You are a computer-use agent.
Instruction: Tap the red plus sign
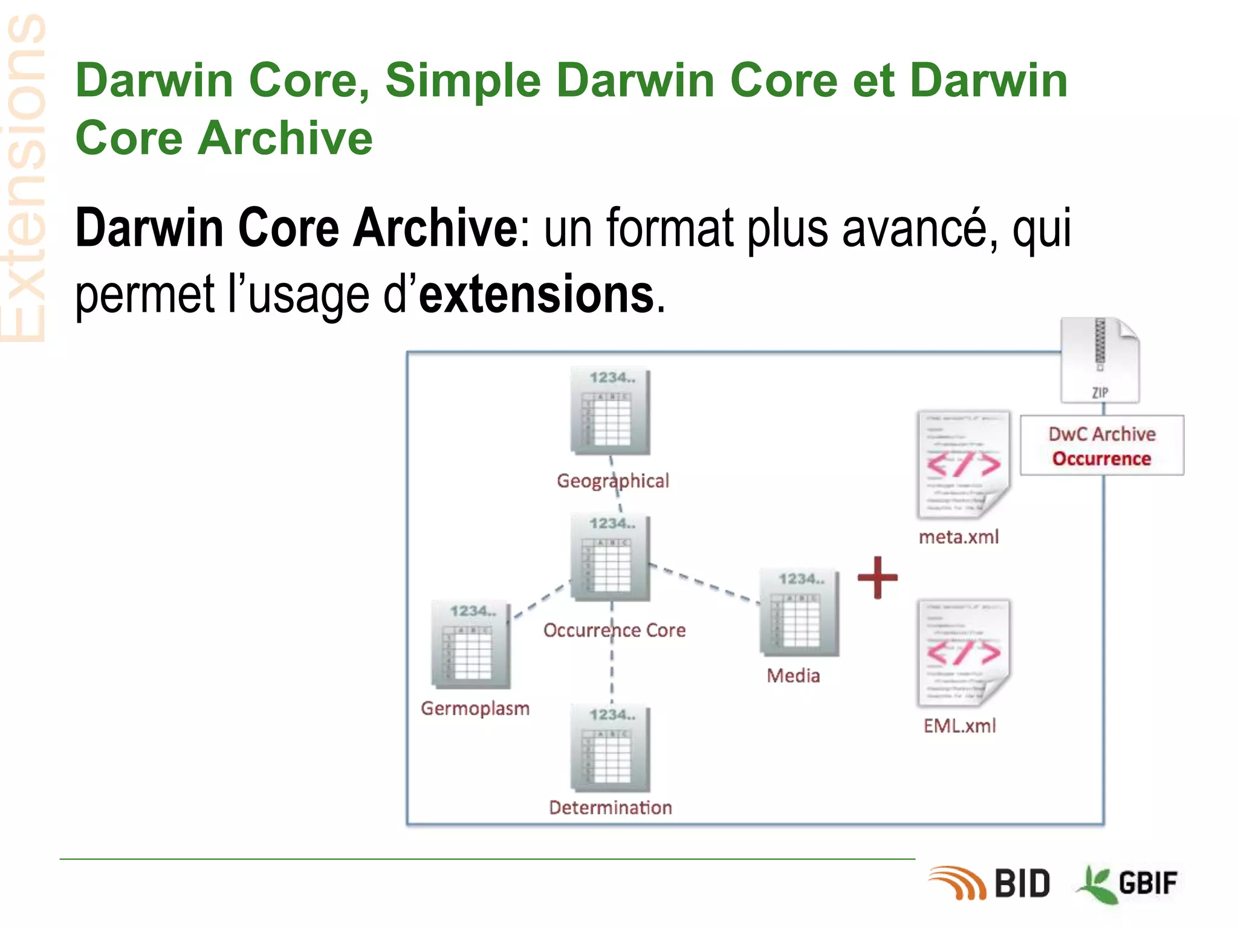pos(878,578)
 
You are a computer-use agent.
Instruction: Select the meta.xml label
pos(959,536)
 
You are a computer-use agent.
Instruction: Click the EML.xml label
pos(959,725)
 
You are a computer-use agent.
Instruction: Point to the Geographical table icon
pos(611,412)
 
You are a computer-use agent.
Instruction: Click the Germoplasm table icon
pos(471,645)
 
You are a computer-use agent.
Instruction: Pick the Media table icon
pos(799,613)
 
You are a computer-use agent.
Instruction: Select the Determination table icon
pos(611,749)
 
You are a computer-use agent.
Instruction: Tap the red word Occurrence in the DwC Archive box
pos(1101,459)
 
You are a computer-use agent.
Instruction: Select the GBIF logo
pos(1128,883)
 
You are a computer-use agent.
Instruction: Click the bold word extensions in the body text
pos(536,294)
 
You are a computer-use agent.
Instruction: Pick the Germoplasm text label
pos(475,708)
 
